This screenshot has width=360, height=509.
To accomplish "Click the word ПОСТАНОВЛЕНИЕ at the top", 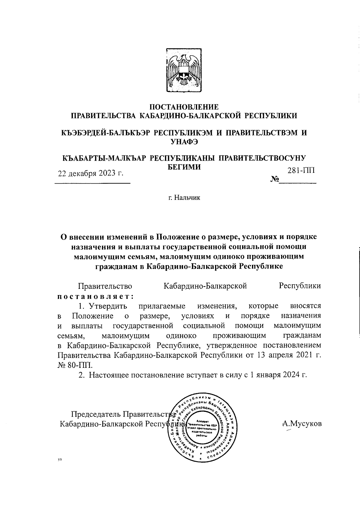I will click(x=184, y=107).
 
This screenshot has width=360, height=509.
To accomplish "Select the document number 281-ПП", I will click(x=301, y=171).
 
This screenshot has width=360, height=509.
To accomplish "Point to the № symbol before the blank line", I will click(x=274, y=180).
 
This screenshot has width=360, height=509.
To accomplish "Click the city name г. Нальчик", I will click(x=184, y=198).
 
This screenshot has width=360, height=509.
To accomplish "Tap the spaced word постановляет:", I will click(x=95, y=296).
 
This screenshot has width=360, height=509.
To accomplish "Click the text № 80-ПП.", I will click(x=75, y=365).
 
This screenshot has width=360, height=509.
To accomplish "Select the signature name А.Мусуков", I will click(x=302, y=424).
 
